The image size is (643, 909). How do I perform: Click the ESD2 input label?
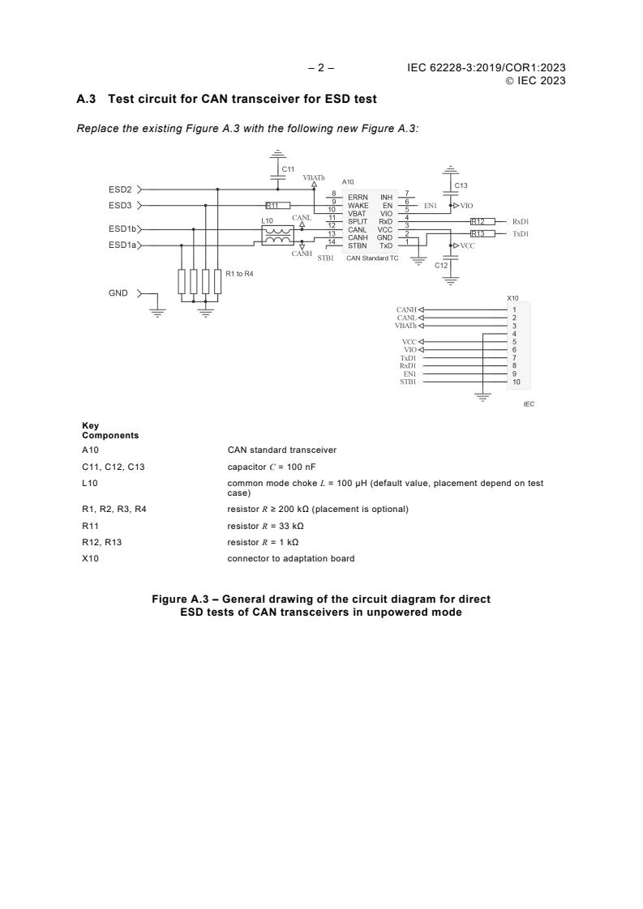[121, 190]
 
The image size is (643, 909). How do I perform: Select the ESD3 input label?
[121, 206]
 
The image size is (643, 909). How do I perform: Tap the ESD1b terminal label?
[122, 229]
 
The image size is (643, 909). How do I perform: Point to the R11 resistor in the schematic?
[277, 206]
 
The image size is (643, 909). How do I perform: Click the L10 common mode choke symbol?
[278, 235]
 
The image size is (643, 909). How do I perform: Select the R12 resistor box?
[482, 221]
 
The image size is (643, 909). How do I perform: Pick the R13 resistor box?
[482, 233]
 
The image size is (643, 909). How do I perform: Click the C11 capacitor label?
[288, 169]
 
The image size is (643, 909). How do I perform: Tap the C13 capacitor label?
[461, 186]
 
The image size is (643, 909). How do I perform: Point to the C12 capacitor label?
[441, 266]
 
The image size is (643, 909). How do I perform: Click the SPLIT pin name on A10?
[358, 221]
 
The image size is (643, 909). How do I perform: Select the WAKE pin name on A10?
[358, 206]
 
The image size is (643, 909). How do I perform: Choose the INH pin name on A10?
[386, 197]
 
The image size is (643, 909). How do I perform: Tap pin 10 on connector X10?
[516, 382]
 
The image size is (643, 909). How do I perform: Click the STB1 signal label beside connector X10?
[408, 382]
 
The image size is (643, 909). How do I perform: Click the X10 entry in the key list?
[90, 558]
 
